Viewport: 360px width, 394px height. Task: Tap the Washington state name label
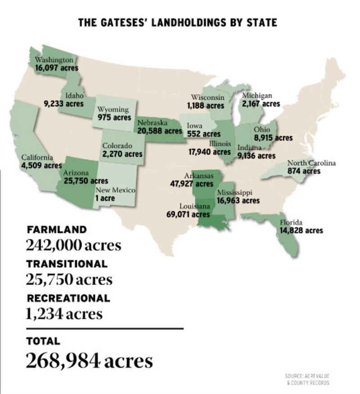(54, 60)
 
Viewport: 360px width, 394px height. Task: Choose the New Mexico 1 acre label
(104, 198)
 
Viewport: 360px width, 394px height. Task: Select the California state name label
(37, 158)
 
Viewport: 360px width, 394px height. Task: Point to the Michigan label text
(257, 95)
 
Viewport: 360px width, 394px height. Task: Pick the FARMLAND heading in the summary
(56, 229)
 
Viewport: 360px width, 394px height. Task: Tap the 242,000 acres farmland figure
(73, 245)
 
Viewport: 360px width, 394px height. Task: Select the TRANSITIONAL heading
(67, 264)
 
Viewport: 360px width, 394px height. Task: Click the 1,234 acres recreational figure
(64, 313)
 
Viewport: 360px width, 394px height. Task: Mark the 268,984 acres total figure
(89, 360)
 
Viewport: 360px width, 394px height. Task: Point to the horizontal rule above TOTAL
(104, 329)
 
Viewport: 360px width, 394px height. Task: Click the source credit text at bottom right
(307, 379)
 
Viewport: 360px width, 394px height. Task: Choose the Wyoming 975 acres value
(114, 117)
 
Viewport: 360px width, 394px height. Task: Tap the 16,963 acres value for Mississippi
(238, 200)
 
